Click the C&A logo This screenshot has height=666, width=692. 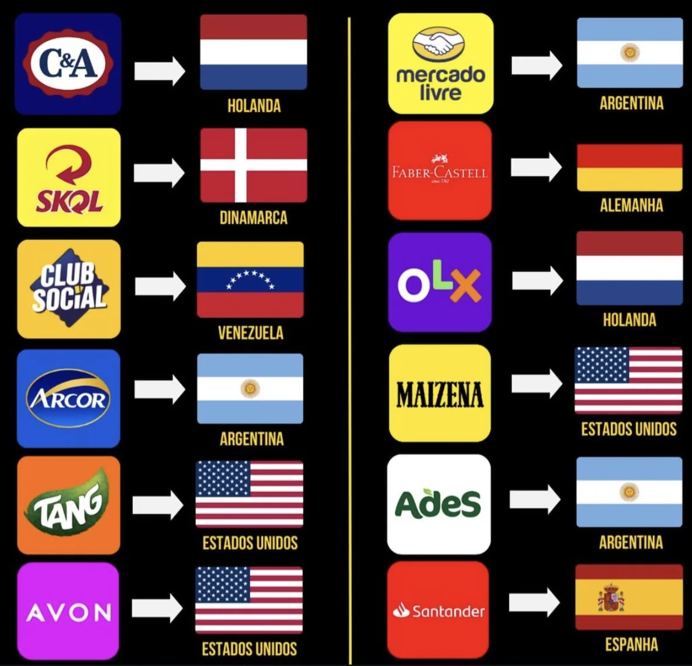click(x=68, y=64)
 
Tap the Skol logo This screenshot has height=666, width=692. click(x=69, y=178)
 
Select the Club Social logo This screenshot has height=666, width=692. click(x=69, y=289)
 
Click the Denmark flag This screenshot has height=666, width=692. click(x=254, y=165)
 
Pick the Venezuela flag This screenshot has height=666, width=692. click(x=250, y=279)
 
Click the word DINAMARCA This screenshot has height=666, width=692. click(x=253, y=218)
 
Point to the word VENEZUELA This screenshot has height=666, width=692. click(x=250, y=333)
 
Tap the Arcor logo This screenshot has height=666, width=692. click(x=68, y=398)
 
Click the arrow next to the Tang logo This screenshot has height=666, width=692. click(x=158, y=504)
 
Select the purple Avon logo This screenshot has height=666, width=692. click(x=68, y=611)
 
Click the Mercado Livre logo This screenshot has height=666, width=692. click(x=441, y=64)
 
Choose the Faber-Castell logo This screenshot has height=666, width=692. click(x=440, y=171)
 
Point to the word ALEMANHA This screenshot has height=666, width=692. click(x=631, y=205)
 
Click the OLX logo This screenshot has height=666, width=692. click(x=440, y=282)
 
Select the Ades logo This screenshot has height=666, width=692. click(x=438, y=504)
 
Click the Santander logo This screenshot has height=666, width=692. click(x=438, y=610)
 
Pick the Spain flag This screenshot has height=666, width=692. click(x=629, y=597)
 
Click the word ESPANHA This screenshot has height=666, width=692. click(x=631, y=644)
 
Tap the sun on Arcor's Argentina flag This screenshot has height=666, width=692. click(x=250, y=388)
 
